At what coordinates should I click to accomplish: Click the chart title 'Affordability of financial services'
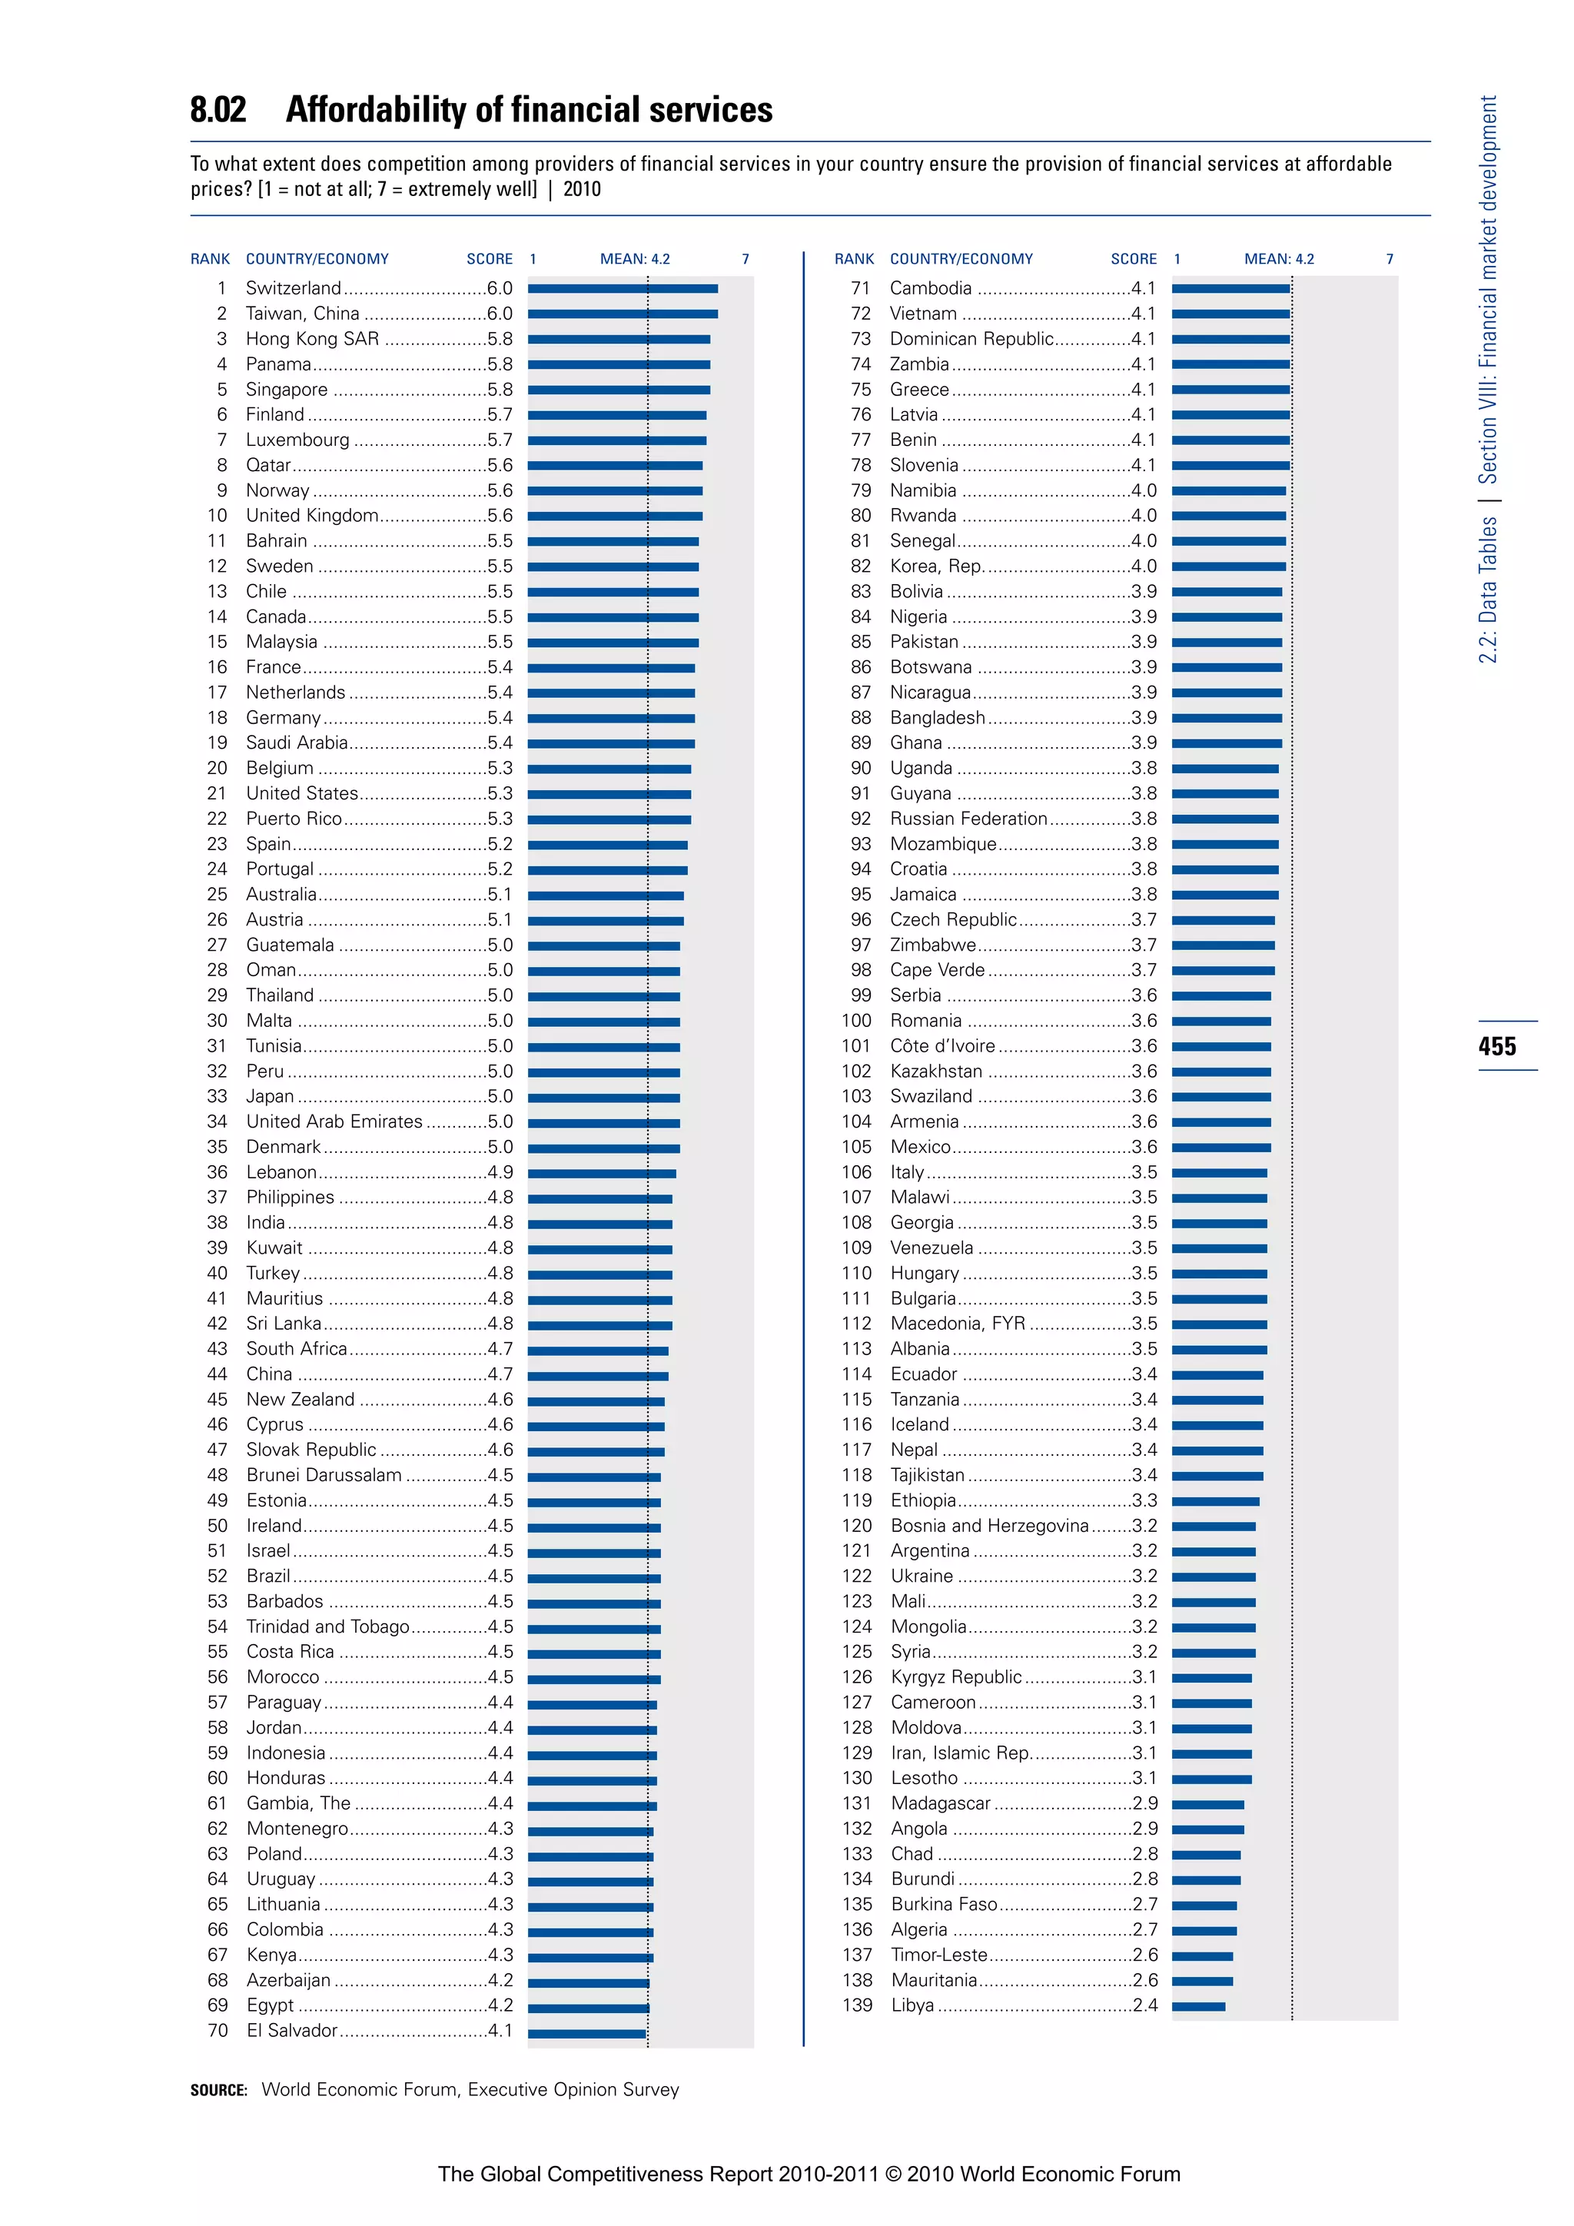530,110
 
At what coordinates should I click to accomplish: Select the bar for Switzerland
623,289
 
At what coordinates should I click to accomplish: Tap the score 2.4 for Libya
1144,2005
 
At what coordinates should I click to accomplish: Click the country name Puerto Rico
294,819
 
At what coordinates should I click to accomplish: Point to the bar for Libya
1198,2006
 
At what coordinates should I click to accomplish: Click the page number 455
1497,1046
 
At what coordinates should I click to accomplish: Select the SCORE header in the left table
490,259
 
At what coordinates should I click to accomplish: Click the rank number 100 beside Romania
857,1021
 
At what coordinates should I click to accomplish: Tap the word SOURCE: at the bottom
219,2090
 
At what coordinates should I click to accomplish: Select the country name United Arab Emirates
334,1121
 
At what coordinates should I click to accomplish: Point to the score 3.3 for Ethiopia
1144,1500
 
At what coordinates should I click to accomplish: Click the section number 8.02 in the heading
218,110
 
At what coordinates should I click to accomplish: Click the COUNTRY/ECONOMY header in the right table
961,259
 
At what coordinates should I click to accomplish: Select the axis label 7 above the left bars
745,259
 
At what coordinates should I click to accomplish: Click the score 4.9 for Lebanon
500,1172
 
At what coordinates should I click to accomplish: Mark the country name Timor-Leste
939,1955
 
